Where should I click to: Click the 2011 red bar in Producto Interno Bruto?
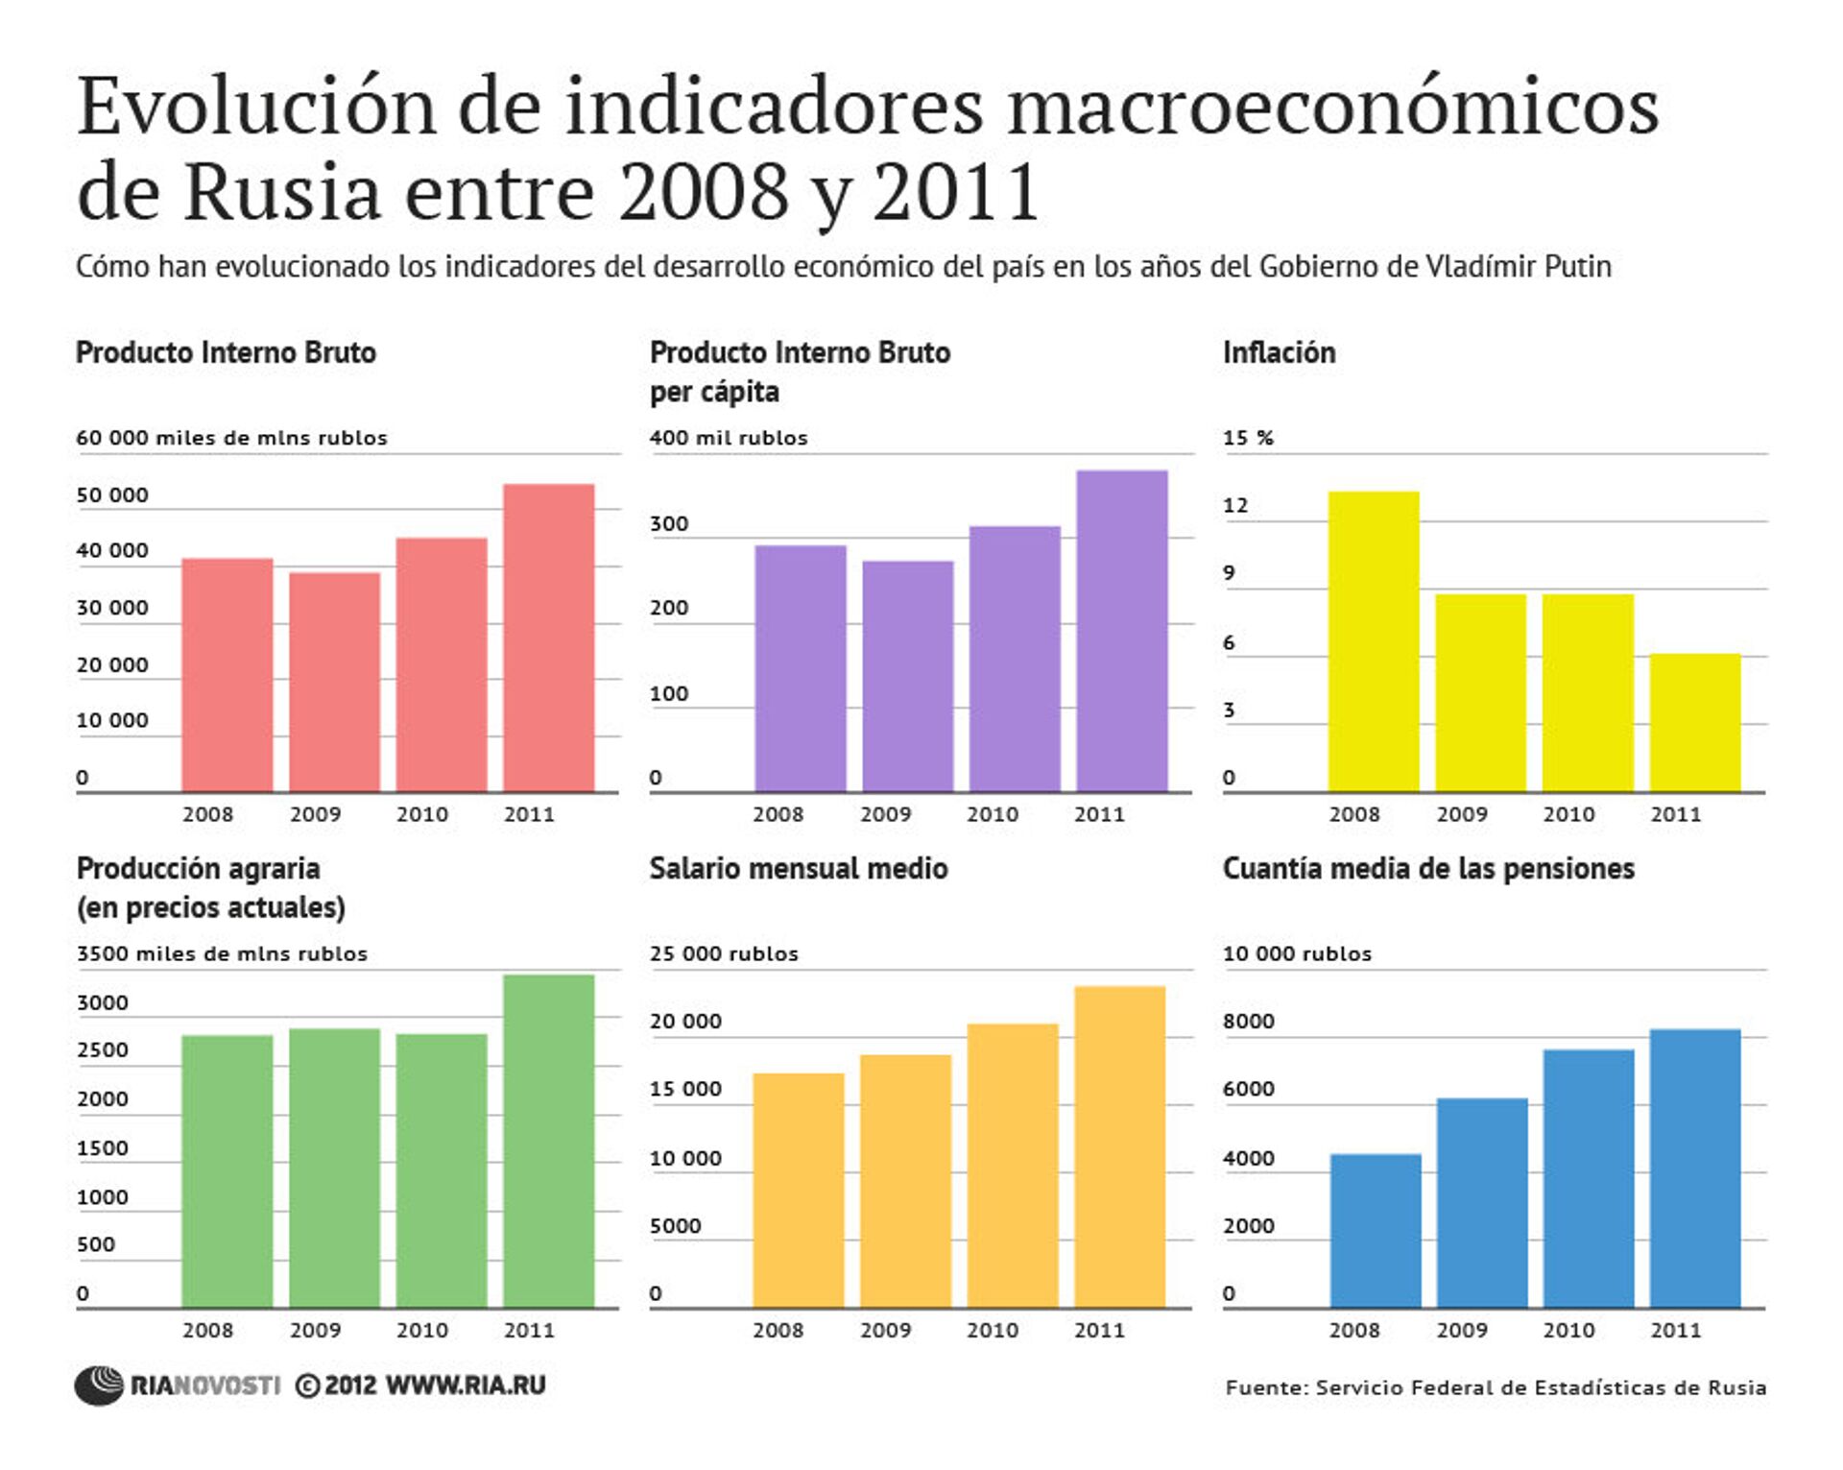click(x=548, y=638)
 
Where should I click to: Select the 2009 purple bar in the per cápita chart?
click(x=907, y=676)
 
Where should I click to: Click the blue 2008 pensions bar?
click(x=1375, y=1230)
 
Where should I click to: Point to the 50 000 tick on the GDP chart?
click(x=112, y=495)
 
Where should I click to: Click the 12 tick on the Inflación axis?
click(x=1235, y=506)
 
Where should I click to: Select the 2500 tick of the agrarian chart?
click(x=103, y=1050)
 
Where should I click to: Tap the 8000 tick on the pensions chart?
click(x=1248, y=1022)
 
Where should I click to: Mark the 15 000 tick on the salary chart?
click(x=685, y=1090)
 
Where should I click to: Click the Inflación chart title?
click(x=1279, y=352)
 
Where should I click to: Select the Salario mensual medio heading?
click(x=798, y=869)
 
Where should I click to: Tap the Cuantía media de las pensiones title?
click(x=1427, y=869)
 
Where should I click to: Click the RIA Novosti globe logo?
click(x=99, y=1386)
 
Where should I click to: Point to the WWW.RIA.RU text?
click(x=466, y=1386)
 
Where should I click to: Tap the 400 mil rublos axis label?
click(x=729, y=438)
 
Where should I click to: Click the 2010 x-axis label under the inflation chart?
click(x=1568, y=815)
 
